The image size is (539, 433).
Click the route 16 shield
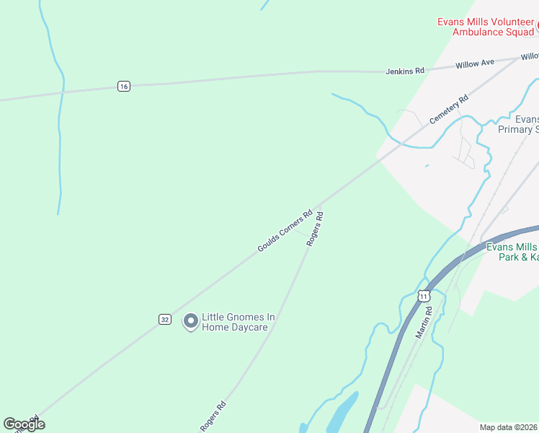coord(124,87)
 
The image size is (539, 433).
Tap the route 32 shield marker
coord(165,319)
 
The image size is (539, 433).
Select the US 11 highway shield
coord(424,296)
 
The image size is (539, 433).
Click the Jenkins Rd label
coord(405,71)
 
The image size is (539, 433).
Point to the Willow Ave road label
coord(475,64)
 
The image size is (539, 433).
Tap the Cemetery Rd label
coord(448,109)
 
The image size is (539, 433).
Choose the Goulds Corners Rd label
coord(285,231)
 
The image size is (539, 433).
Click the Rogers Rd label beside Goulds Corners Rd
coord(314,229)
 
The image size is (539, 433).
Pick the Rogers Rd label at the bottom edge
coord(213,417)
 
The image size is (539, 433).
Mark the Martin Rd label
coord(424,322)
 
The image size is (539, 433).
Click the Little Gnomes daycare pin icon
coord(190,321)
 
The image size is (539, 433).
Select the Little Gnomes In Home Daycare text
coord(239,322)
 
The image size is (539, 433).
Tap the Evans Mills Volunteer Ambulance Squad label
coord(486,26)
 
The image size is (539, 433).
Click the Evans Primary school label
coord(518,124)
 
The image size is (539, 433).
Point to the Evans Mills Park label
coord(512,252)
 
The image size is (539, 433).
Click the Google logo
coord(24,424)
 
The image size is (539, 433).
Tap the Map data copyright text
coord(509,427)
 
